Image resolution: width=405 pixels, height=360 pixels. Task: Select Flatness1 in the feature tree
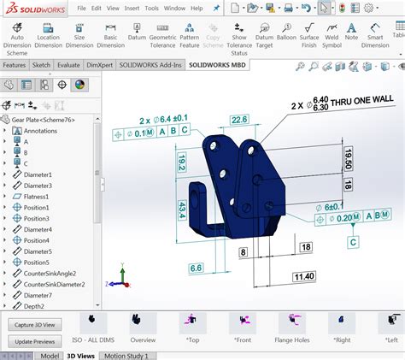pyautogui.click(x=30, y=196)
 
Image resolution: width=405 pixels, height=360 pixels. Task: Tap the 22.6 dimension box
pyautogui.click(x=239, y=120)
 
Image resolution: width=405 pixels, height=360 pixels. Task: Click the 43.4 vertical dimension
pyautogui.click(x=183, y=208)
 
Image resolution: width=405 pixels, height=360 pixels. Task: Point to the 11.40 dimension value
pyautogui.click(x=303, y=276)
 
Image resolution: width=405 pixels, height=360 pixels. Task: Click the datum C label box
pyautogui.click(x=352, y=242)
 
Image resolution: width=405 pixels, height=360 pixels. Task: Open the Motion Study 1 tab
pyautogui.click(x=126, y=355)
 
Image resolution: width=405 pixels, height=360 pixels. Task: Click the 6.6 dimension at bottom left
pyautogui.click(x=196, y=268)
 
